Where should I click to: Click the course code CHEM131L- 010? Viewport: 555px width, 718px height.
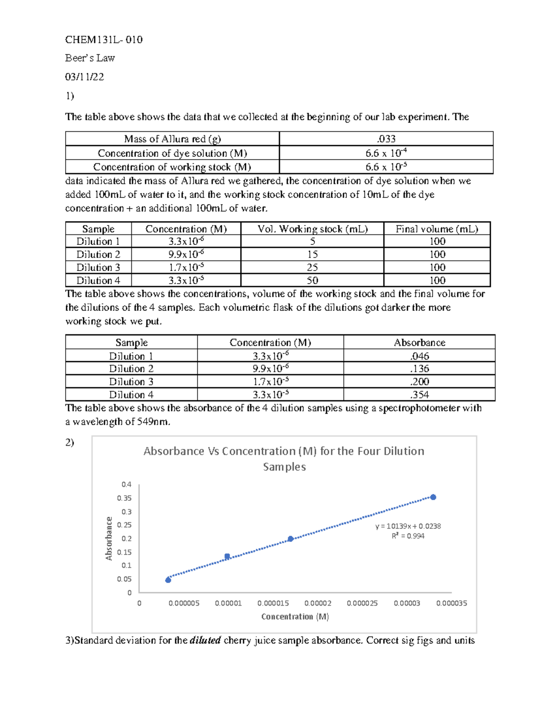[104, 40]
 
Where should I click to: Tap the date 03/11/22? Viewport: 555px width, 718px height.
[85, 77]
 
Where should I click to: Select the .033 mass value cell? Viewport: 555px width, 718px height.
[386, 139]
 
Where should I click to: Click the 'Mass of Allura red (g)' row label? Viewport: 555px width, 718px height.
[173, 139]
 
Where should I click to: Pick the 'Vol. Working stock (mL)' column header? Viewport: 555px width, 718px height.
[312, 229]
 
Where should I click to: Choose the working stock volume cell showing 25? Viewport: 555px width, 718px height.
[312, 267]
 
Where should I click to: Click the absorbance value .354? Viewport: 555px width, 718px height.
[419, 394]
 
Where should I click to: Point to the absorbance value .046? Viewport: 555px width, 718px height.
[419, 356]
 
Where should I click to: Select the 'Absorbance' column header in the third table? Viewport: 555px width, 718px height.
[419, 343]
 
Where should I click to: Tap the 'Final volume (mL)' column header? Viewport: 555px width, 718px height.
[437, 229]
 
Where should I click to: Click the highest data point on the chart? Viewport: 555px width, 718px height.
[433, 497]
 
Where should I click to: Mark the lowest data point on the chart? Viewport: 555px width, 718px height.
[168, 580]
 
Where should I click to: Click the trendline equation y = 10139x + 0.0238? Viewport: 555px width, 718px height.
[407, 526]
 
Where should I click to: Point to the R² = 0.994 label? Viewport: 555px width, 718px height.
[407, 536]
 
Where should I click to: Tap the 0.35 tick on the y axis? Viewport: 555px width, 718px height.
[124, 498]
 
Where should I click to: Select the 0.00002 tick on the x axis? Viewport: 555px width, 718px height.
[318, 603]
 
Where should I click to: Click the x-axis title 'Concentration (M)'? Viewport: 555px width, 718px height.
[295, 617]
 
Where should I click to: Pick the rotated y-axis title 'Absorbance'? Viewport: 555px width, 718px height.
[109, 539]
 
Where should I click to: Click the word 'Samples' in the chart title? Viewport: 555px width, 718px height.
[284, 467]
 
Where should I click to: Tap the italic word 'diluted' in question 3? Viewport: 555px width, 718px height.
[205, 640]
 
